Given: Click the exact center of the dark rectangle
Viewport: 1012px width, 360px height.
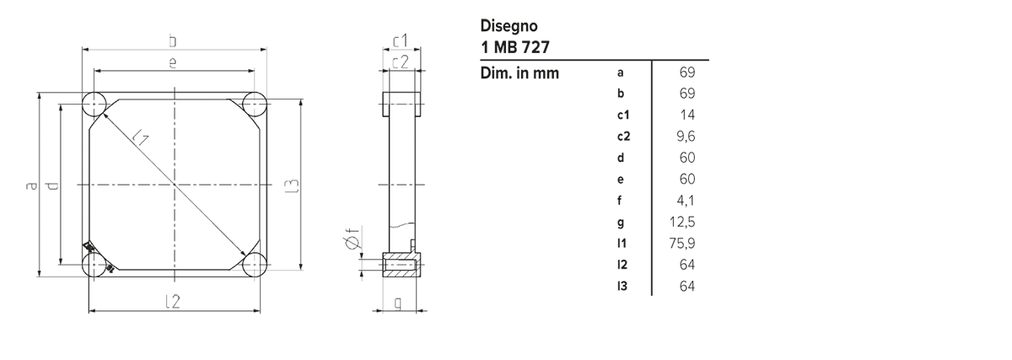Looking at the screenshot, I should [x=368, y=166].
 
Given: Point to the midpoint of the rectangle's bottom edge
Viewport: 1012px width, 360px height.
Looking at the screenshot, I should [x=368, y=314].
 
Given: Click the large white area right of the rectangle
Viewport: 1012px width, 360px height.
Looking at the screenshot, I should [x=860, y=169].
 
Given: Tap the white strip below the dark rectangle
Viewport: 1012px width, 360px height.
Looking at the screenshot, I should [x=368, y=337].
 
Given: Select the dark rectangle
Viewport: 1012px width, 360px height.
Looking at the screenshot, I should [x=368, y=166].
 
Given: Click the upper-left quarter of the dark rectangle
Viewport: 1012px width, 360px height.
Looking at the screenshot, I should [x=196, y=93].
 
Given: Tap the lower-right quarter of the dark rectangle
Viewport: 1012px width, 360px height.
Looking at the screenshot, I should [x=538, y=240].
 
